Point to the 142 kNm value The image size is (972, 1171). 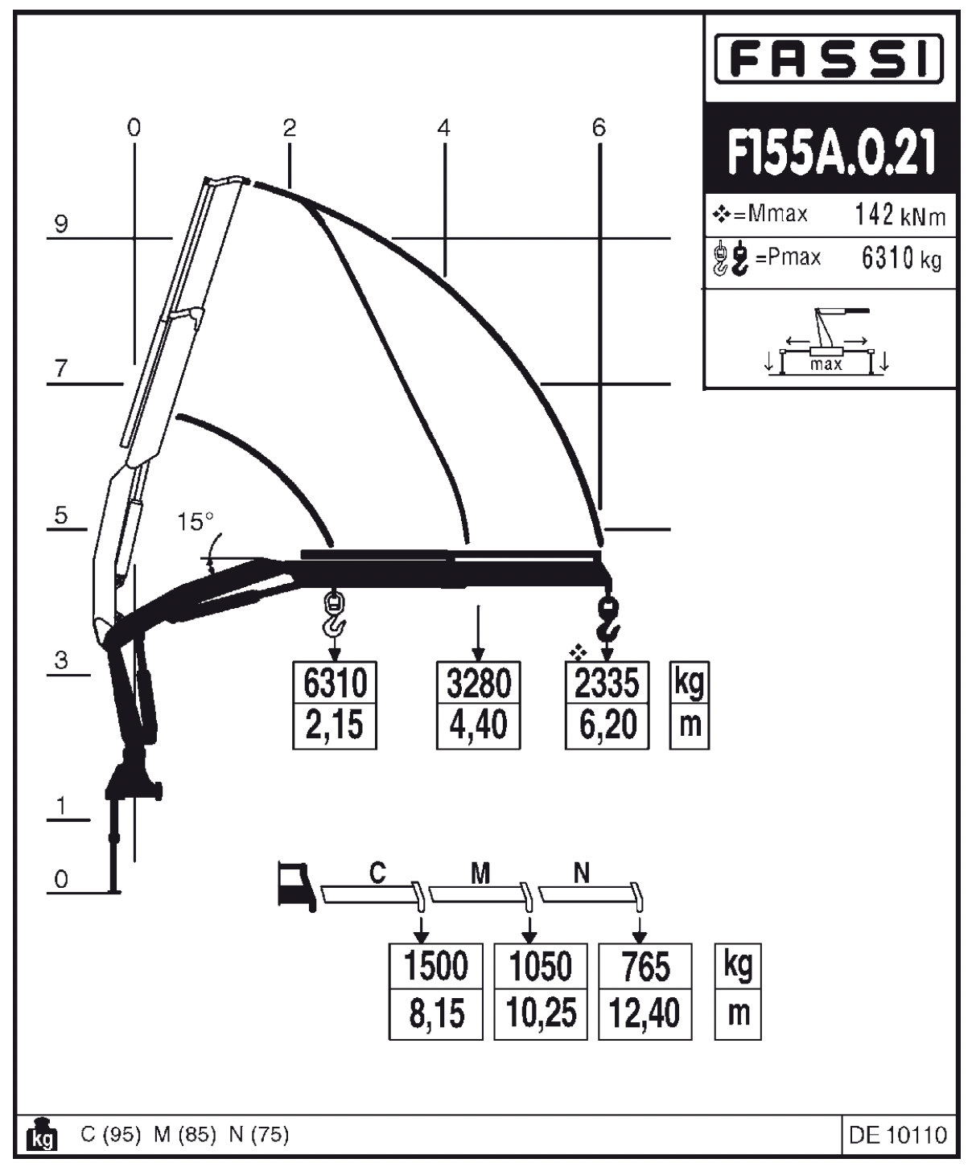point(900,216)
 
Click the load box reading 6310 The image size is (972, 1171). point(335,684)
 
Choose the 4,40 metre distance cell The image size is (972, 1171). point(478,725)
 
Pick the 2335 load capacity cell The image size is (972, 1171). point(607,684)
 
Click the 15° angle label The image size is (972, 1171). point(196,523)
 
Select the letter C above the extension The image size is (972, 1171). point(377,872)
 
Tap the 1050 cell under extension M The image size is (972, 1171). point(540,967)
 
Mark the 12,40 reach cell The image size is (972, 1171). point(645,1013)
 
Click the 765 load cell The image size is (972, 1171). point(645,967)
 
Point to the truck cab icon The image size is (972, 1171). point(294,885)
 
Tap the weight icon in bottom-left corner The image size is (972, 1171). point(42,1136)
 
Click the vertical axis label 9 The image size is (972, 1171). point(61,224)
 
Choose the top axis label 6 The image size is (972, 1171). point(598,128)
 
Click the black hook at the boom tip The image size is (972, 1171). point(609,617)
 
